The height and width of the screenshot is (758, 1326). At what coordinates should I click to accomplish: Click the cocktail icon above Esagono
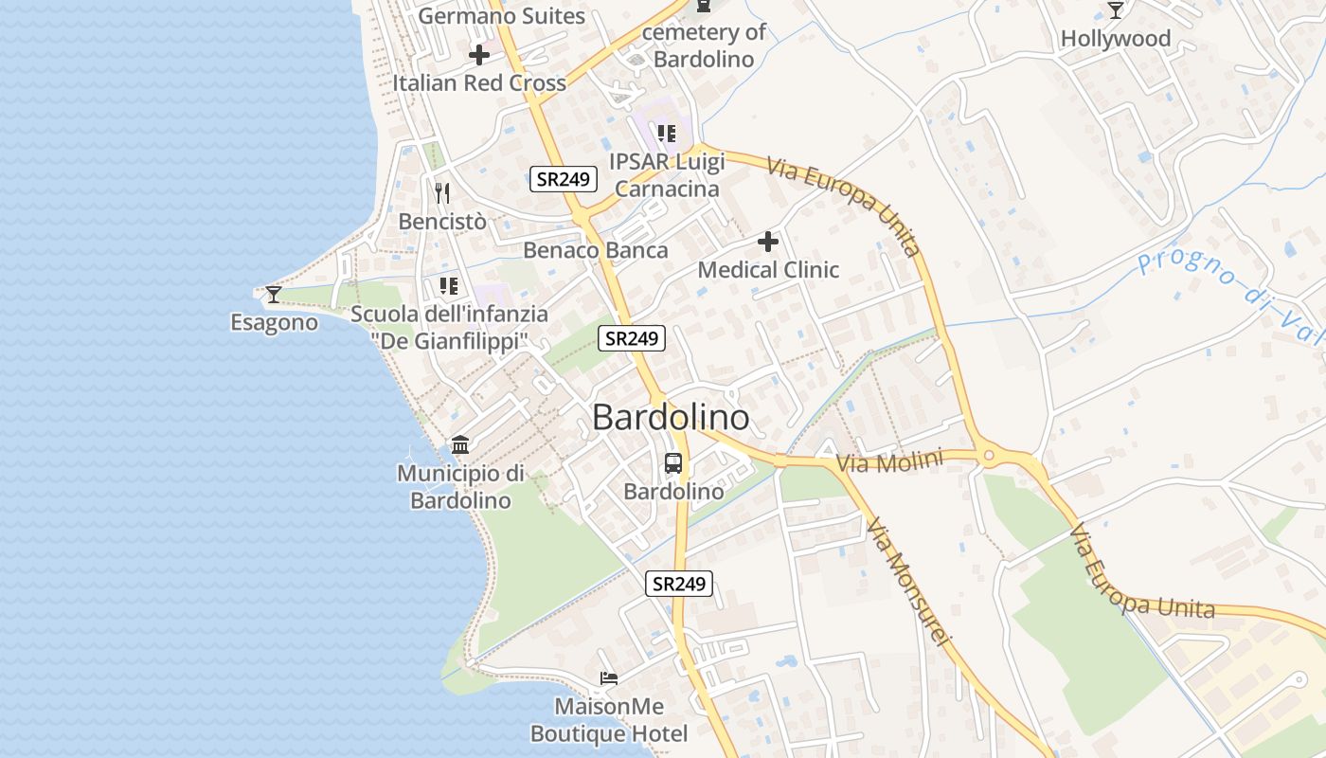[274, 295]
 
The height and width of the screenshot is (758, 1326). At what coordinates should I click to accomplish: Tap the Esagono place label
[274, 323]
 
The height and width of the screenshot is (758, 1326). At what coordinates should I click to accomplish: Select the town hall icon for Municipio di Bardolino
[460, 444]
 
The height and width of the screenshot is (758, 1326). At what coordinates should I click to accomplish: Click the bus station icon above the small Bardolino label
[673, 463]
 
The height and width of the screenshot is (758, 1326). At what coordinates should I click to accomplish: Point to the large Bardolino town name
[671, 418]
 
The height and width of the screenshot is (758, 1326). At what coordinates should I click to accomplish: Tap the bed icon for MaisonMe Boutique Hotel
[609, 678]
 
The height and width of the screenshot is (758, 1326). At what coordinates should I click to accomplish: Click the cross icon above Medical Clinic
[768, 242]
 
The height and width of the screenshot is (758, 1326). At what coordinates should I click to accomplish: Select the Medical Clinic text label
[768, 270]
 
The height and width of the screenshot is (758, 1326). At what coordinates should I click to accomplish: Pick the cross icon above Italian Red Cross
[479, 55]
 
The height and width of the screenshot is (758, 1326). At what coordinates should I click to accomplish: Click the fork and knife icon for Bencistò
[442, 193]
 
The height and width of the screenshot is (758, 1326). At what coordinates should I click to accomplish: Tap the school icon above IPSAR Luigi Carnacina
[667, 134]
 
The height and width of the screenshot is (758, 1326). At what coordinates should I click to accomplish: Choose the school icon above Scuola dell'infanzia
[449, 285]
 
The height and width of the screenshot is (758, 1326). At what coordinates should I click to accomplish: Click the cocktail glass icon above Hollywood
[1116, 10]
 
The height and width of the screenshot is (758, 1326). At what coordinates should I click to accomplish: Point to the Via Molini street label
[890, 462]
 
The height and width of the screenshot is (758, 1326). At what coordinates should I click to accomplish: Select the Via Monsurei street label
[906, 582]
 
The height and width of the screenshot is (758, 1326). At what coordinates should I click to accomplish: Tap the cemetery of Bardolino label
[704, 45]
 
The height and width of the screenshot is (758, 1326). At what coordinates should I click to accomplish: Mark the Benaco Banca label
[596, 251]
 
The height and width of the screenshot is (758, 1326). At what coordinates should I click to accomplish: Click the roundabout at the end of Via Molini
[990, 457]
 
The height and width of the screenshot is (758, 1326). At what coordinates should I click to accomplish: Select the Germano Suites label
[502, 16]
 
